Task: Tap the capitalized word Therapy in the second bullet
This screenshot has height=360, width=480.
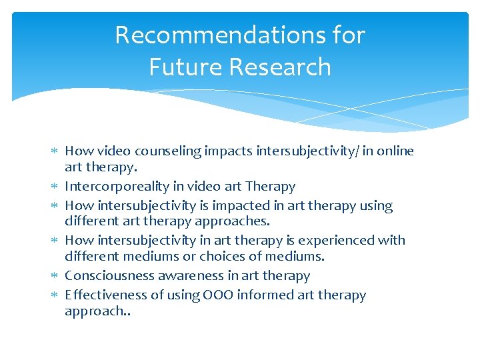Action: [270, 187]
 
